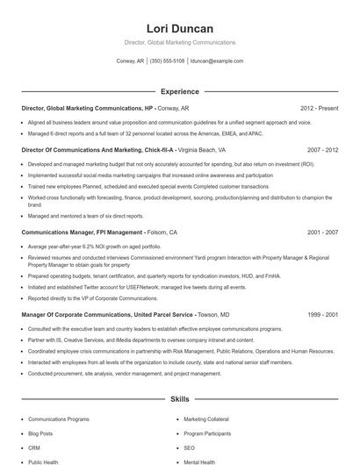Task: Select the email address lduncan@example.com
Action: [216, 61]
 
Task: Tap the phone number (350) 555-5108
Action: [167, 61]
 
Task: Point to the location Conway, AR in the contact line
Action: [130, 61]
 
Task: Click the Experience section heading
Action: [179, 91]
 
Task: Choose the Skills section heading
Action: [179, 399]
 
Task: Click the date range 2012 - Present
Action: [319, 109]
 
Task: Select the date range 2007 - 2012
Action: [322, 150]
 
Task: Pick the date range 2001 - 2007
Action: [322, 232]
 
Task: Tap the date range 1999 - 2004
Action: [322, 314]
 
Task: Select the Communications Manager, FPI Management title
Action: [83, 232]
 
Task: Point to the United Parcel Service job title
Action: [105, 314]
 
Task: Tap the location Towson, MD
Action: [213, 314]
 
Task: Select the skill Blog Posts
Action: [40, 433]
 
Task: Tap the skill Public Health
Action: [43, 461]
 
